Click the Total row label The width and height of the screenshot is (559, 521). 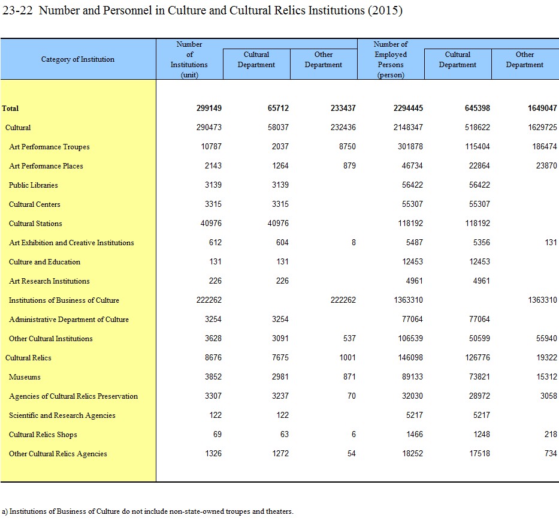[x=10, y=108]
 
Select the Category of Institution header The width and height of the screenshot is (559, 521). [x=78, y=59]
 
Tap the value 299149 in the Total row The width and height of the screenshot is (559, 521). [x=209, y=108]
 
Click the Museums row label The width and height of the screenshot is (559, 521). [x=25, y=377]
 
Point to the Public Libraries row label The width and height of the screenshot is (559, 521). [x=33, y=185]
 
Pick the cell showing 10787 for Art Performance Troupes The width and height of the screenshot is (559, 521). [x=211, y=146]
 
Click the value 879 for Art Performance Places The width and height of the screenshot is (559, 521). [x=349, y=165]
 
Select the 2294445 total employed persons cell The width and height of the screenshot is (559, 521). [x=408, y=108]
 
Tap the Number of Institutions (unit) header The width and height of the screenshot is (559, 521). [x=189, y=59]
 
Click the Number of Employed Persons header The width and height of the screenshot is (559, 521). [x=391, y=59]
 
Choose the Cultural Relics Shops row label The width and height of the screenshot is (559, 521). [x=43, y=434]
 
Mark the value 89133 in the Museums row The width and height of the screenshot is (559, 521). [x=412, y=377]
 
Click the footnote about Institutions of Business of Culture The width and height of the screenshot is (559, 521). [x=147, y=511]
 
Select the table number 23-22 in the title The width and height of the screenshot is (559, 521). [x=17, y=10]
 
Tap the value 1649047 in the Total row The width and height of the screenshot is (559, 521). [x=542, y=108]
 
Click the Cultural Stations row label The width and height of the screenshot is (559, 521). [x=35, y=224]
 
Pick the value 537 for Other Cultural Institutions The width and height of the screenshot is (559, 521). [x=349, y=338]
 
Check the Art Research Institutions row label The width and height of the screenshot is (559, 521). [x=49, y=281]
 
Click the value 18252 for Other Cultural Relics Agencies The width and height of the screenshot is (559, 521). [x=412, y=454]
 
